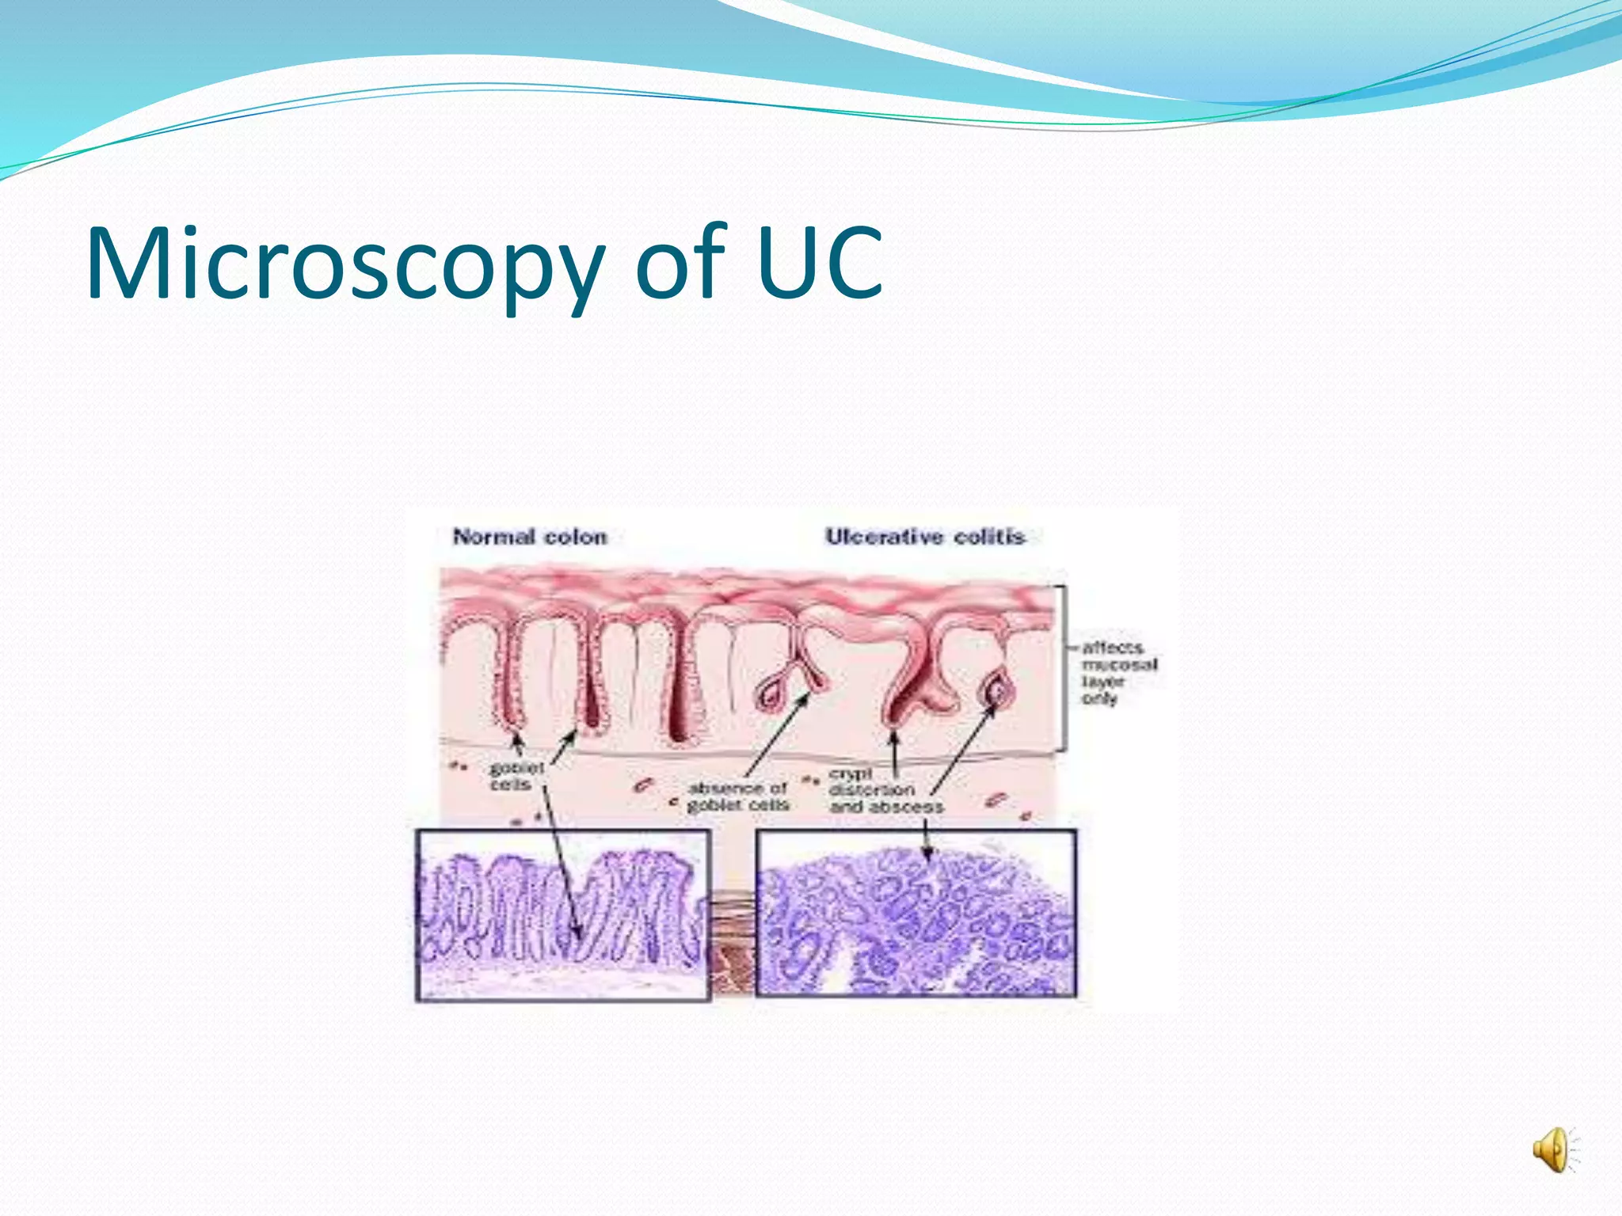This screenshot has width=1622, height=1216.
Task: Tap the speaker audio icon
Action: tap(1553, 1150)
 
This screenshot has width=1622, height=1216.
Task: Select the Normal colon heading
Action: tap(530, 537)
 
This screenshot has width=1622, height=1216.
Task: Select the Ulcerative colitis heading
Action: tap(925, 537)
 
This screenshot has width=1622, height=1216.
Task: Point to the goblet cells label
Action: tap(516, 776)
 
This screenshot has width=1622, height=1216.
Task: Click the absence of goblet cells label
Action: tap(738, 796)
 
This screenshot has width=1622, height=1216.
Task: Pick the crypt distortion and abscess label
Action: tap(885, 790)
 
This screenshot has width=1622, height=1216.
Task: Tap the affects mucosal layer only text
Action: tap(1118, 673)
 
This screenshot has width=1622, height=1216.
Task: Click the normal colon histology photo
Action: tap(562, 914)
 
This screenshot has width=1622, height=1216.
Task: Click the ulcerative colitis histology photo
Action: tap(916, 913)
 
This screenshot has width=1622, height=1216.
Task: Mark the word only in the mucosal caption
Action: tap(1099, 698)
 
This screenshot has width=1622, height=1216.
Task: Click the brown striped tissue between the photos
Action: tap(732, 942)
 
